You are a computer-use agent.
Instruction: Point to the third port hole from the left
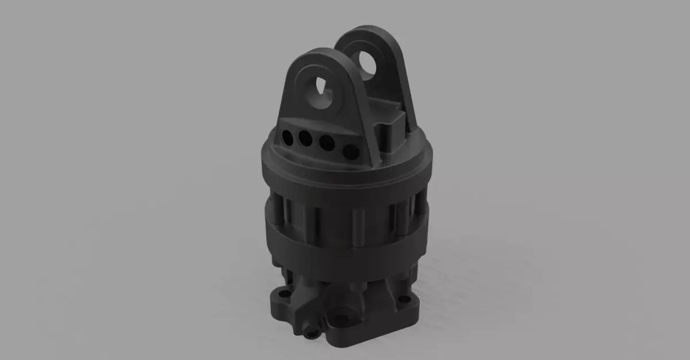pos(327,144)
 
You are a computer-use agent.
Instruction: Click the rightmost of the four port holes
pos(350,152)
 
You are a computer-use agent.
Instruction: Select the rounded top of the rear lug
pos(368,35)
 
